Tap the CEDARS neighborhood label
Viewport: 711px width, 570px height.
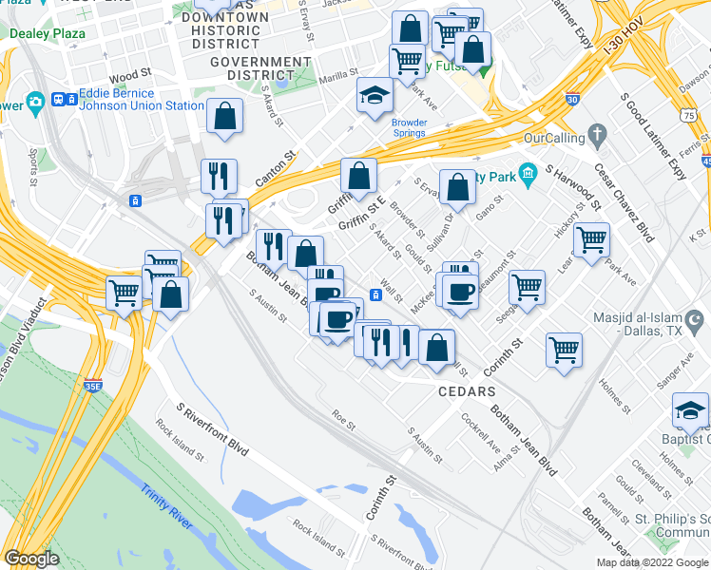pyautogui.click(x=467, y=391)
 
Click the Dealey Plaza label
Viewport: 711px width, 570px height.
pyautogui.click(x=48, y=33)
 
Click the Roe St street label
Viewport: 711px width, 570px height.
pyautogui.click(x=343, y=416)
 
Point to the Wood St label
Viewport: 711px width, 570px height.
pyautogui.click(x=130, y=72)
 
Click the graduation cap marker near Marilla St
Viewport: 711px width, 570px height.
pyautogui.click(x=375, y=95)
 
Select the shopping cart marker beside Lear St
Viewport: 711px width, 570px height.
pyautogui.click(x=591, y=239)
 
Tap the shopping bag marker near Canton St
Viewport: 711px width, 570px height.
pyautogui.click(x=224, y=117)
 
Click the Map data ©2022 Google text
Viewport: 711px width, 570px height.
pyautogui.click(x=651, y=562)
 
